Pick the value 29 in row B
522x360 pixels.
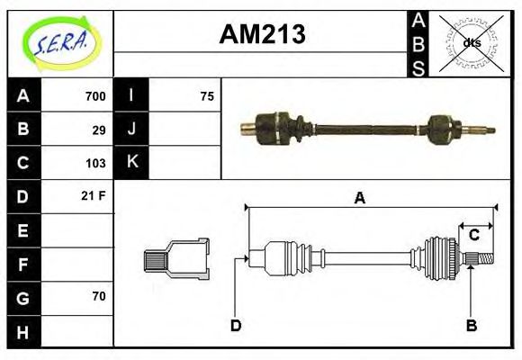click(x=99, y=130)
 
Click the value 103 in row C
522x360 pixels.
click(x=95, y=163)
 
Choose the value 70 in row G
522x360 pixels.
click(x=99, y=296)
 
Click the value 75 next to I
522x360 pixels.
click(x=206, y=96)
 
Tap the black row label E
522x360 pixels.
click(x=23, y=230)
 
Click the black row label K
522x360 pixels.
click(x=131, y=162)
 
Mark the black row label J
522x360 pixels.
click(x=131, y=129)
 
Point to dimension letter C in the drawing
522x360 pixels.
click(x=473, y=236)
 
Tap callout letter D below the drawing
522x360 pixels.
click(x=236, y=325)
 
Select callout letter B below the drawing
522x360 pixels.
click(x=470, y=325)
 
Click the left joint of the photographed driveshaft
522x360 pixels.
click(x=276, y=128)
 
